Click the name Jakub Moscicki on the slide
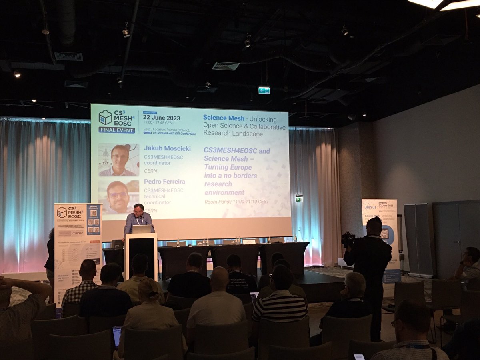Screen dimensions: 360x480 (x=167, y=148)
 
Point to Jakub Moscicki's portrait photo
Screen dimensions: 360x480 (x=118, y=160)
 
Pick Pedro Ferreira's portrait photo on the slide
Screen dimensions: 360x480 (x=118, y=196)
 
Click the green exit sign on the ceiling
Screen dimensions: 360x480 (x=264, y=90)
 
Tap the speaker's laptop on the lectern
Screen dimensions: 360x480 (x=142, y=229)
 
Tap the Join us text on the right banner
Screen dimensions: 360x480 (x=370, y=207)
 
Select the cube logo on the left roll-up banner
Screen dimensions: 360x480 (x=62, y=212)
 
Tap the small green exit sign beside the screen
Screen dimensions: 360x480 (x=299, y=198)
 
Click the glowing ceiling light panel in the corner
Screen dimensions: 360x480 (x=448, y=4)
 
